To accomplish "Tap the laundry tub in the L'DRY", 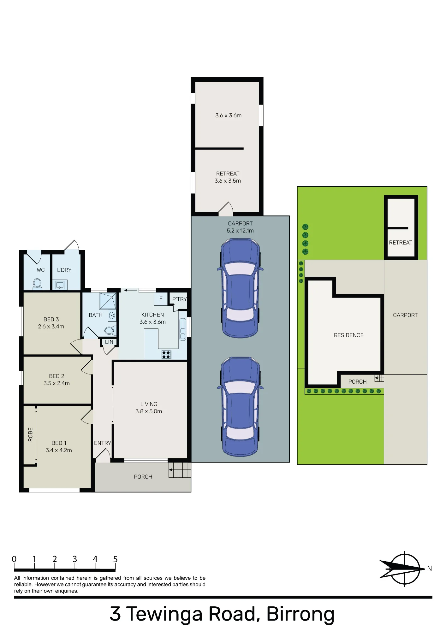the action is [x=60, y=285].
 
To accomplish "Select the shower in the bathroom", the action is [x=108, y=301].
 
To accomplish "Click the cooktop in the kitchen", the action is [x=166, y=355].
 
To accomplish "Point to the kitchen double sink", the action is [x=183, y=329].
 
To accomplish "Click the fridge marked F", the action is [x=161, y=299].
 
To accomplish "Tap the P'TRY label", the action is [x=180, y=299].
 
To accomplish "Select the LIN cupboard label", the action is [x=109, y=342].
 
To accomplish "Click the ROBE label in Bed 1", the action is [x=30, y=434].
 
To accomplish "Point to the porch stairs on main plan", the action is [x=180, y=470].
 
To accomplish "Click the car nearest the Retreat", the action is [x=240, y=288].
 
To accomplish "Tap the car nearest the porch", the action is [x=240, y=407].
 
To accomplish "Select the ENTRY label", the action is [x=103, y=443].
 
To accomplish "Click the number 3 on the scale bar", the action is [x=75, y=559].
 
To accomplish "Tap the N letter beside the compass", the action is [x=429, y=569].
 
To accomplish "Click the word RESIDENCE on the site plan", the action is [x=349, y=335].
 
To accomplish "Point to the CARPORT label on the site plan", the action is [x=405, y=315].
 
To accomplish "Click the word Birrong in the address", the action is [x=300, y=614].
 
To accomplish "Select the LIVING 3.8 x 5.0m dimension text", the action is [x=149, y=411].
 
